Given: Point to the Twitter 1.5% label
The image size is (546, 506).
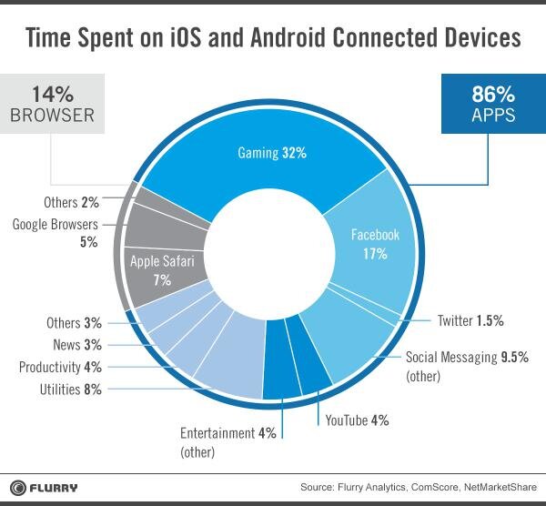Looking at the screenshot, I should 469,320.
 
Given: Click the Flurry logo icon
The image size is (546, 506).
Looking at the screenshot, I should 18,486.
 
